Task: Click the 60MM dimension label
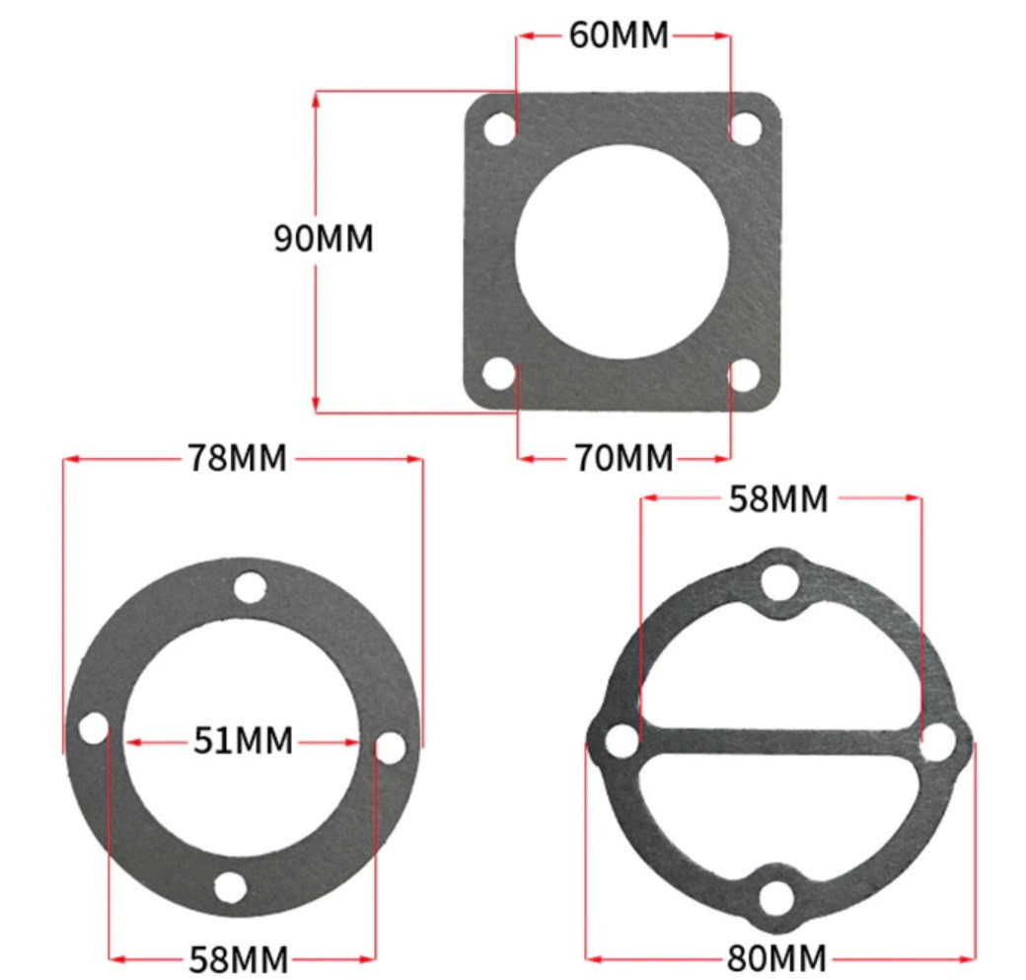619,36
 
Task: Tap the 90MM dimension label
324,238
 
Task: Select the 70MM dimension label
624,458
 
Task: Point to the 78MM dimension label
238,458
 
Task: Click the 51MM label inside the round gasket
243,741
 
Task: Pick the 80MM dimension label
776,958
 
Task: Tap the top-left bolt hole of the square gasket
500,129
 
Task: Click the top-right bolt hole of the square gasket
745,128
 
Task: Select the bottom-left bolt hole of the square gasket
498,374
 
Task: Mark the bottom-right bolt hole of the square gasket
744,375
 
